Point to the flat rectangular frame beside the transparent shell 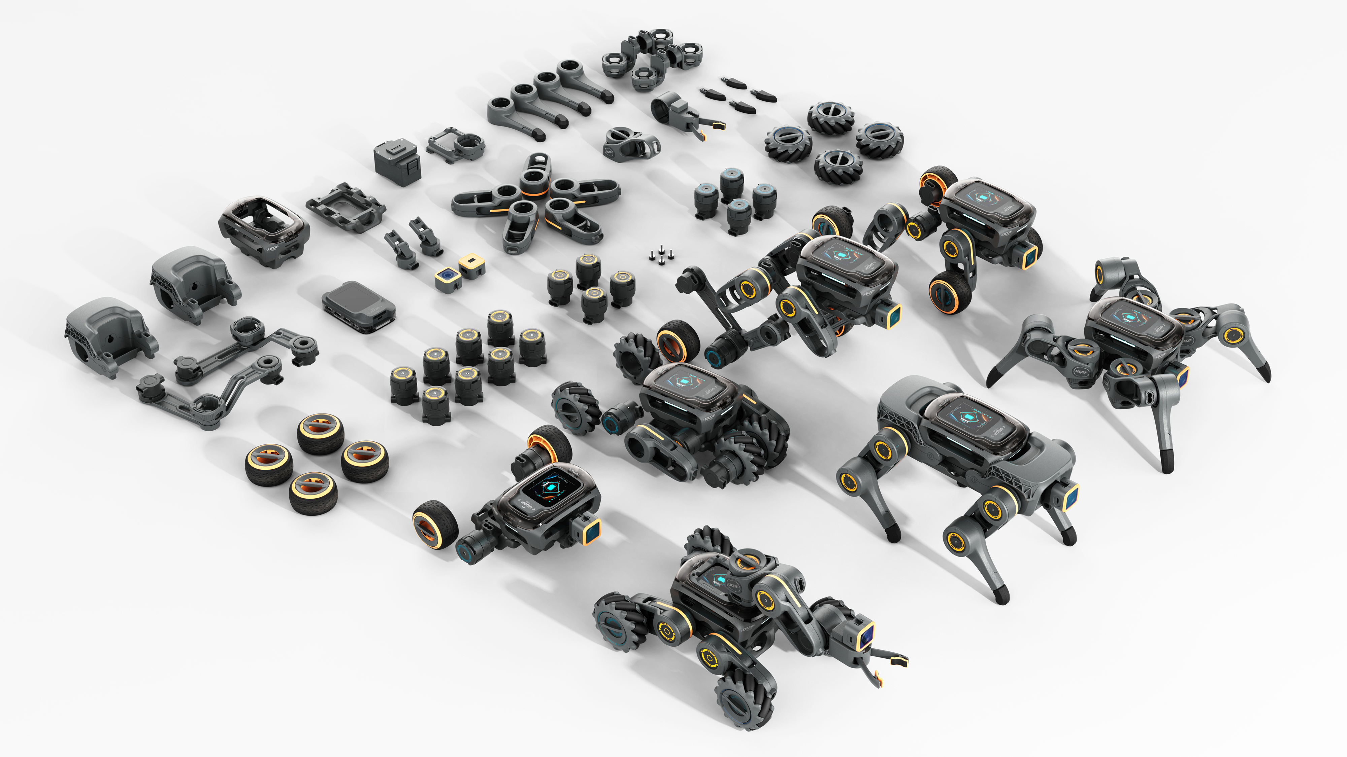pyautogui.click(x=346, y=207)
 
